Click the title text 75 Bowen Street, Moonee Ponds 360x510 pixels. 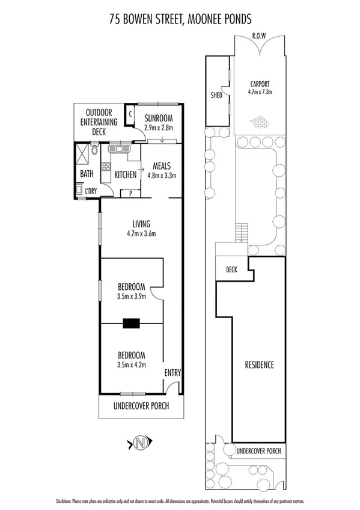click(x=180, y=19)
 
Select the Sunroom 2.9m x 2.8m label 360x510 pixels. click(x=159, y=123)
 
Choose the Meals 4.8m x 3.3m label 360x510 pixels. click(x=162, y=171)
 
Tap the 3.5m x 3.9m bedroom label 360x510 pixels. click(x=130, y=292)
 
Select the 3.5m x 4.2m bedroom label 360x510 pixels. click(x=130, y=359)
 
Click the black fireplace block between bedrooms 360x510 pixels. click(x=131, y=324)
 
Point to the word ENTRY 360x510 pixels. click(x=172, y=373)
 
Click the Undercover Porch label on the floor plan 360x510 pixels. click(x=141, y=407)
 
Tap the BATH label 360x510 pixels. click(x=87, y=174)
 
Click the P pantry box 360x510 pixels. click(x=130, y=193)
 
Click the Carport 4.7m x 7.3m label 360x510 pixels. click(x=260, y=88)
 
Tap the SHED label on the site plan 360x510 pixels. click(x=216, y=94)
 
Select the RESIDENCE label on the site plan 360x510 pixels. click(x=259, y=365)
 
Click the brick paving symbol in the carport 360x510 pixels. click(x=260, y=123)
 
